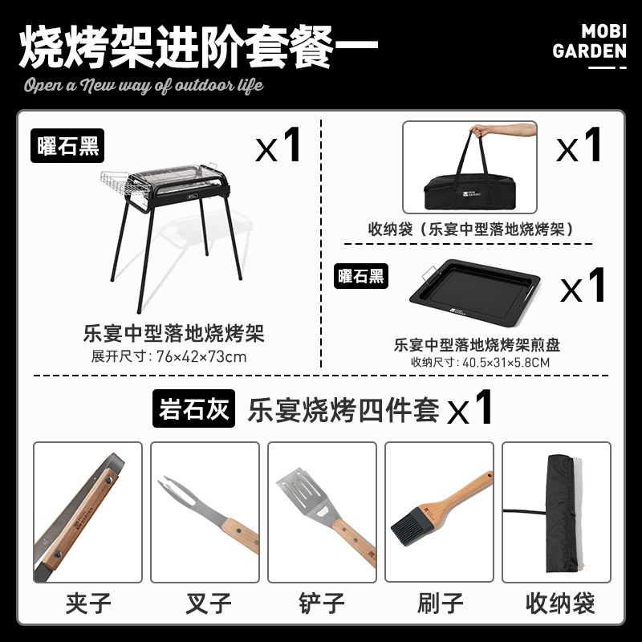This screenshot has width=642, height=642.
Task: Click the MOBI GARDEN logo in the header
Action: pos(589,46)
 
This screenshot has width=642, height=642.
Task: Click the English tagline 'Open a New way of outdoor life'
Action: pos(144,86)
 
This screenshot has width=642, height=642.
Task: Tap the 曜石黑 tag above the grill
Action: pos(67,146)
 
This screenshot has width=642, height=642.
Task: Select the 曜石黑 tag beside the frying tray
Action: pos(360,276)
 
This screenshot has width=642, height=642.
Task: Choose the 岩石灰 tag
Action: pos(193,408)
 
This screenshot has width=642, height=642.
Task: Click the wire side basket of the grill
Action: pos(123,183)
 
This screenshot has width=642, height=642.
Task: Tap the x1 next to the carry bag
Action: pos(579,145)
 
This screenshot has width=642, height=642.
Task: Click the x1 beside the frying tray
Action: pos(583,286)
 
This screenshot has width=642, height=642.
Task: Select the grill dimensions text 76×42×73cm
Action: pos(201,356)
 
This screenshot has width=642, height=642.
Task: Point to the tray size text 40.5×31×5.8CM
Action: pos(506,363)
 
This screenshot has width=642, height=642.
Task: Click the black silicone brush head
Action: pos(412,526)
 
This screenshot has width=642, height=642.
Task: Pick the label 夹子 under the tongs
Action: pos(88,603)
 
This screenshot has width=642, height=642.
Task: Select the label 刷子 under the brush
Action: pos(440,603)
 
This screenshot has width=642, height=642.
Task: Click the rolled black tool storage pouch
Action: pos(561,513)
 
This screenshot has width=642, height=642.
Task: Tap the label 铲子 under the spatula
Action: pos(322,603)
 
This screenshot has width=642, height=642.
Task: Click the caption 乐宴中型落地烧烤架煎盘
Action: pos(477,345)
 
